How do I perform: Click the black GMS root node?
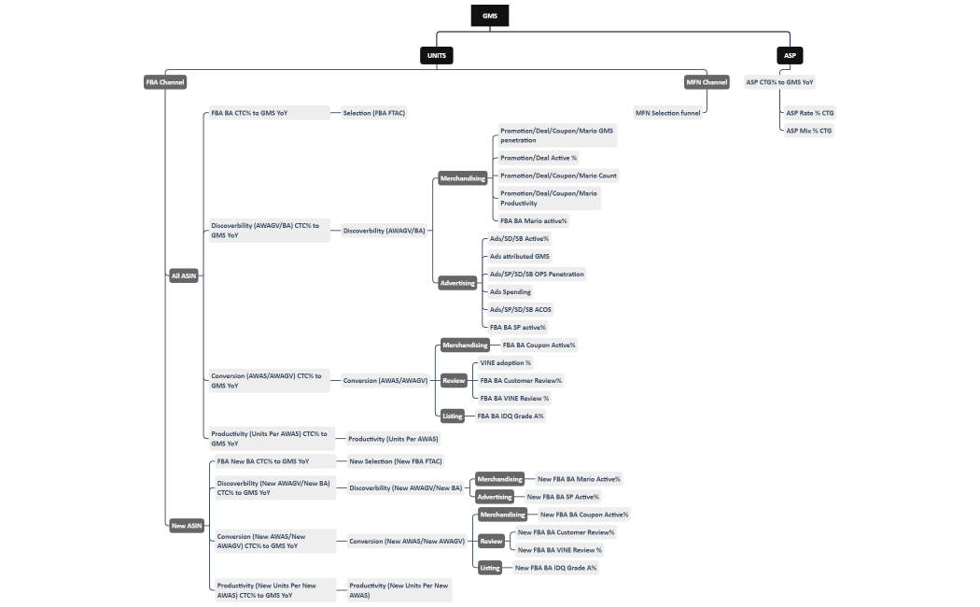point(489,16)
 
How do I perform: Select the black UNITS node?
point(436,55)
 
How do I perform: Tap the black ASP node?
point(790,55)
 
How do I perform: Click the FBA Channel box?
point(165,82)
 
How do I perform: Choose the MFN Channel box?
point(707,82)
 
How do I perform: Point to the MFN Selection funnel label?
point(667,113)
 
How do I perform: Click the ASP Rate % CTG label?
point(809,113)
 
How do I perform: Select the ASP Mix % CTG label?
point(808,131)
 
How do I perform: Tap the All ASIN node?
point(184,275)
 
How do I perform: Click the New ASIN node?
point(187,526)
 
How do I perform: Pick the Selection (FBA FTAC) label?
point(374,113)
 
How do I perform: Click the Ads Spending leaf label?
point(511,291)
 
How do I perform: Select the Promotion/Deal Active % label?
point(539,158)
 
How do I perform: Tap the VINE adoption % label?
point(505,362)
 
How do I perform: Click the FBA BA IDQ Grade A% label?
point(511,416)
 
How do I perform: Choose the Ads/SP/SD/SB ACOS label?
point(520,309)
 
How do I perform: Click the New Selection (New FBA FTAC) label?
point(395,460)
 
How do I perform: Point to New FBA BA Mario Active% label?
point(579,479)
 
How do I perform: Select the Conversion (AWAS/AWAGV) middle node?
point(385,380)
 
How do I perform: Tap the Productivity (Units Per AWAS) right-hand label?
point(393,438)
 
